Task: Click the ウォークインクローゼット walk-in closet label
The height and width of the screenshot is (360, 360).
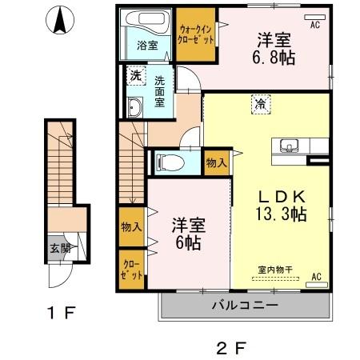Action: click(196, 35)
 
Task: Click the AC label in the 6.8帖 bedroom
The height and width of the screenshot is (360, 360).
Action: click(314, 25)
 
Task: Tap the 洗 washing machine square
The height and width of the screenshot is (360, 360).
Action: click(135, 76)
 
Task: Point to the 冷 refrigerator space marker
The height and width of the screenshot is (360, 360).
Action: click(261, 103)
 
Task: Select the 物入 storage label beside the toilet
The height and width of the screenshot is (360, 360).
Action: click(215, 162)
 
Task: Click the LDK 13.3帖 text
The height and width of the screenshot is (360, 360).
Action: click(276, 206)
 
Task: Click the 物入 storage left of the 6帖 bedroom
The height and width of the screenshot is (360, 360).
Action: click(131, 226)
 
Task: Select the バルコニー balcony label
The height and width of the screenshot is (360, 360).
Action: click(244, 305)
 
